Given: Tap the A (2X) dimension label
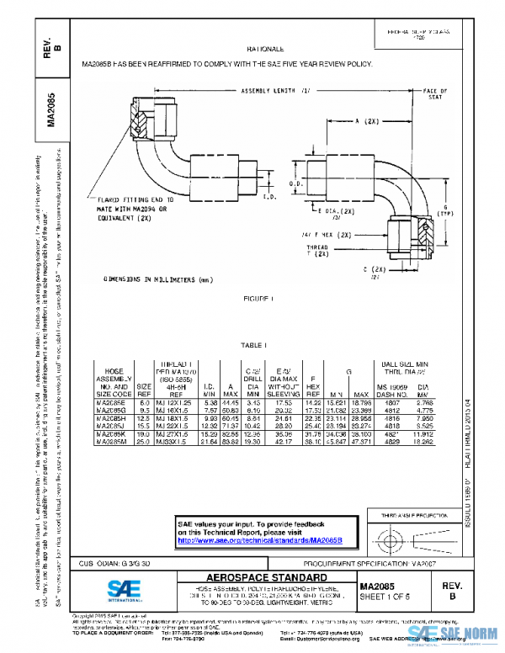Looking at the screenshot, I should tap(370, 122).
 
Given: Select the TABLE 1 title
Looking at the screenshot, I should tap(253, 346).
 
